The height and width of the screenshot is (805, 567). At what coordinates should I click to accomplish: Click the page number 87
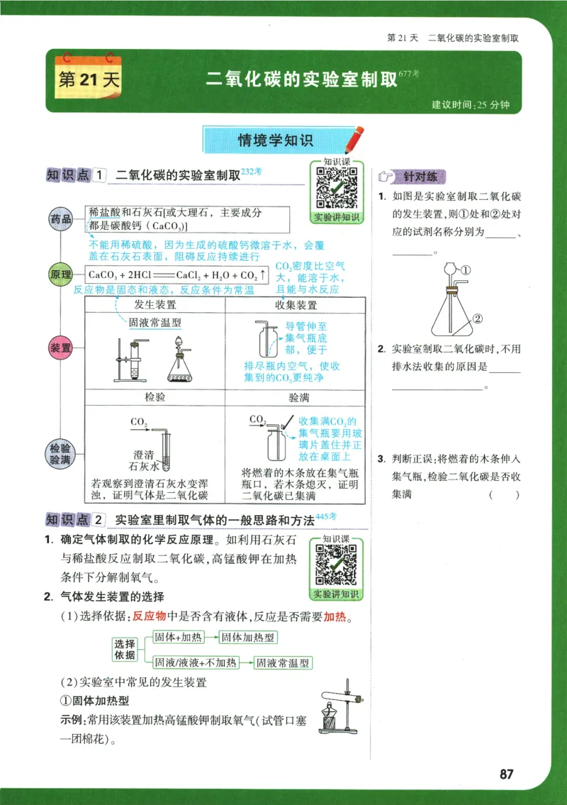(506, 774)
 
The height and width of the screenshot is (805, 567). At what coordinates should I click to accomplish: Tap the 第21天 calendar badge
(88, 77)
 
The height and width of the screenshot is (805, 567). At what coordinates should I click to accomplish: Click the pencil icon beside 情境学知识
(354, 139)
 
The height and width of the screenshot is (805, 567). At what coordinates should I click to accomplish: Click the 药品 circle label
(60, 220)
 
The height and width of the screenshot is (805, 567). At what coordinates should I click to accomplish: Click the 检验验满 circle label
(60, 454)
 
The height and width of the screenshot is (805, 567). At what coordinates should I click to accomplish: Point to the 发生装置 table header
(155, 305)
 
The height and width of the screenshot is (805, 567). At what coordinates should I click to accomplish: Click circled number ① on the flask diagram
(466, 270)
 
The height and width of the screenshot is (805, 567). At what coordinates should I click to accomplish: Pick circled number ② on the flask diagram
(478, 318)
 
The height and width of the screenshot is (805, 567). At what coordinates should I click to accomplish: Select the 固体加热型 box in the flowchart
(248, 638)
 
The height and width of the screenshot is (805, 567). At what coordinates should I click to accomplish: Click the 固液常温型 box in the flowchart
(283, 663)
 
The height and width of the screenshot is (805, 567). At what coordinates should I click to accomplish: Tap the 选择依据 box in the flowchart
(125, 649)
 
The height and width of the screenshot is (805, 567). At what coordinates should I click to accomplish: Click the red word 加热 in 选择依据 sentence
(335, 616)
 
